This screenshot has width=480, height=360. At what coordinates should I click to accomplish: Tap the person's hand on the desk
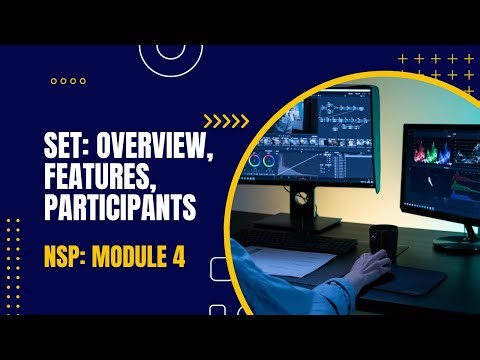[x=371, y=268]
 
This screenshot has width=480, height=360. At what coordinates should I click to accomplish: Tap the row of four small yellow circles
[x=68, y=80]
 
